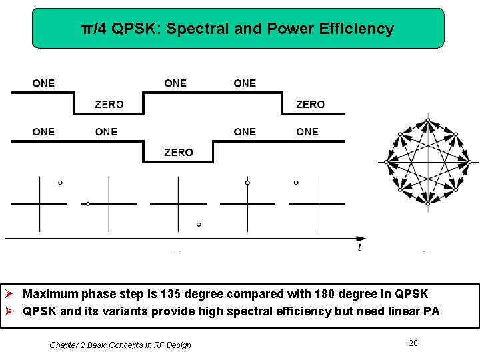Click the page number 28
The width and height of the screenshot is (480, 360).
(413, 343)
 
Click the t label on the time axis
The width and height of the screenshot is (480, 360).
(359, 247)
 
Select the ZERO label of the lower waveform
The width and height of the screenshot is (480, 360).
(178, 153)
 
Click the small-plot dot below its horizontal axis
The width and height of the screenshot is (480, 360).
(199, 224)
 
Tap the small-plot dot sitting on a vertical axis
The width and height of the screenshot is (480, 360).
(247, 182)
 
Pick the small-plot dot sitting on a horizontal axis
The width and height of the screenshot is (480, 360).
(88, 203)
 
